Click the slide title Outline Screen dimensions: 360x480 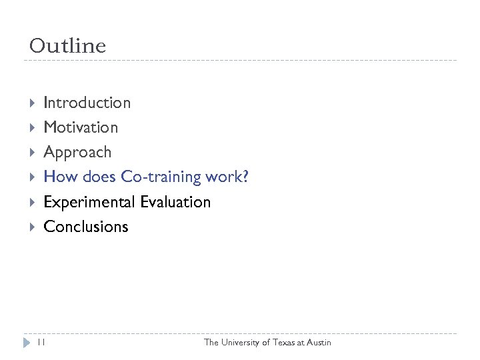pos(67,46)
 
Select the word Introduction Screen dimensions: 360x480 pos(87,103)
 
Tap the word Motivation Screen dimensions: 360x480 pos(81,127)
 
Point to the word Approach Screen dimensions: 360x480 pos(77,153)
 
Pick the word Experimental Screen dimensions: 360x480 pos(89,202)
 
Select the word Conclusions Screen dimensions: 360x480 pos(85,227)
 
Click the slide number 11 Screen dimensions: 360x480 pos(41,342)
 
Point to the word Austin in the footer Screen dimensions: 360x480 pos(318,343)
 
